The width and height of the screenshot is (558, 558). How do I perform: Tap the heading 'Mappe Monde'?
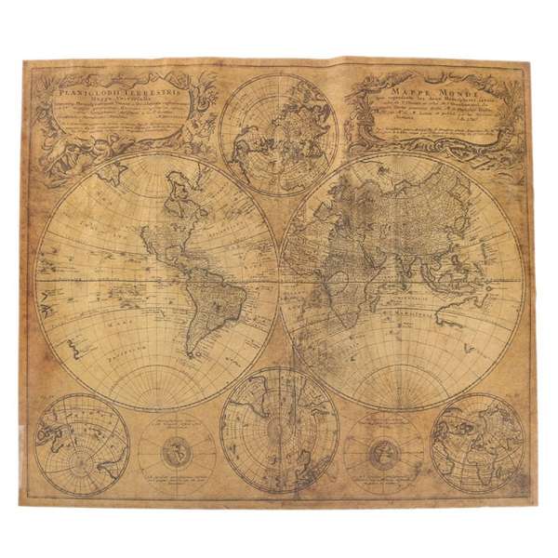pyautogui.click(x=429, y=92)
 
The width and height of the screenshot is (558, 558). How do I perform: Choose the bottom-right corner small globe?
pyautogui.click(x=478, y=443)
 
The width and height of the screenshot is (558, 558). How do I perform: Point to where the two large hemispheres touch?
pyautogui.click(x=279, y=280)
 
